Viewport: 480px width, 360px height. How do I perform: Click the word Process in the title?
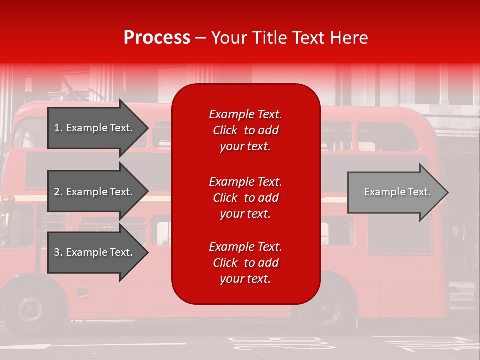157,38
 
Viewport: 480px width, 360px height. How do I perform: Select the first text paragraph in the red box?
245,130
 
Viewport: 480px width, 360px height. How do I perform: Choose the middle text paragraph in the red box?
245,198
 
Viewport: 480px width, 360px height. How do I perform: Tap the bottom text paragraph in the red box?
245,263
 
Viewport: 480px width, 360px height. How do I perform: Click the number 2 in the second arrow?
57,192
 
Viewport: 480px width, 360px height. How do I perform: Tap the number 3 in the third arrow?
57,252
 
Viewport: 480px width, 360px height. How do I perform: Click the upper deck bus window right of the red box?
387,136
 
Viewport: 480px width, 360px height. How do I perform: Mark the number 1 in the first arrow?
57,128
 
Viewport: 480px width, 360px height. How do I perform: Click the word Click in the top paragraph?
225,130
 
